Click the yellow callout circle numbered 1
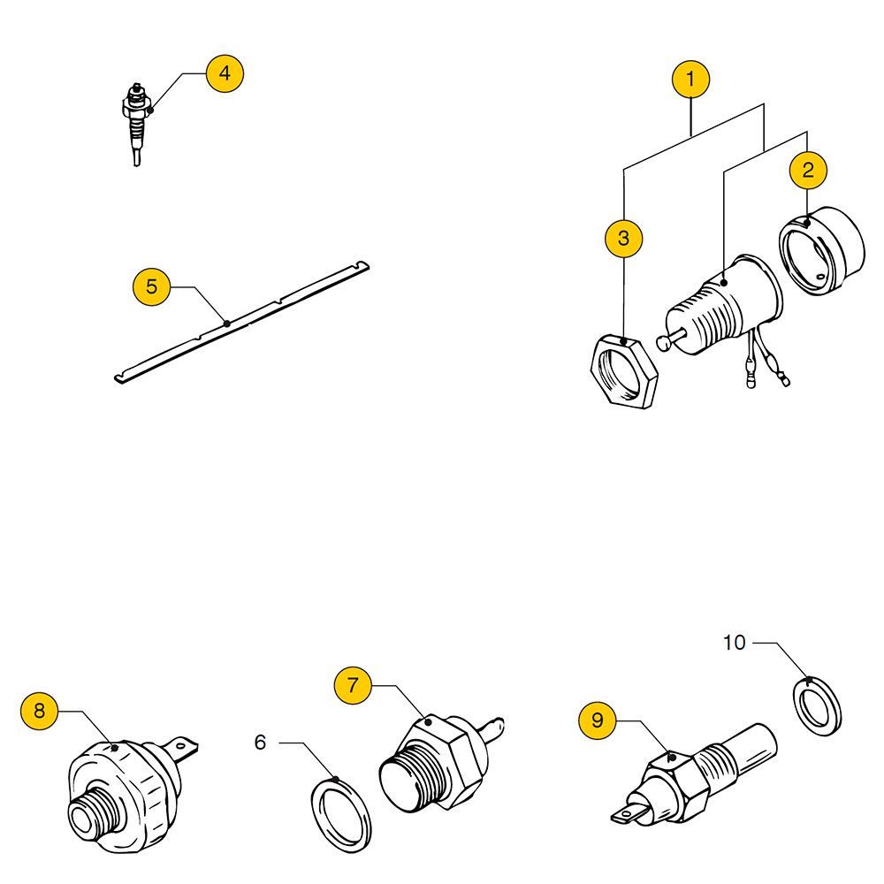point(690,79)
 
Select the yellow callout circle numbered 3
point(624,238)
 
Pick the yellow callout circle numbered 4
point(225,72)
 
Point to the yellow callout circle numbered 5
point(151,286)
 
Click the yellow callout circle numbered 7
point(353,684)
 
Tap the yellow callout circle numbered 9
point(598,720)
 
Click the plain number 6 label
point(260,743)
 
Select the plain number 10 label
point(734,643)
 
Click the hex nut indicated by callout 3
point(623,371)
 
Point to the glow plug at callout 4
point(137,124)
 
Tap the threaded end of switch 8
point(88,809)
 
